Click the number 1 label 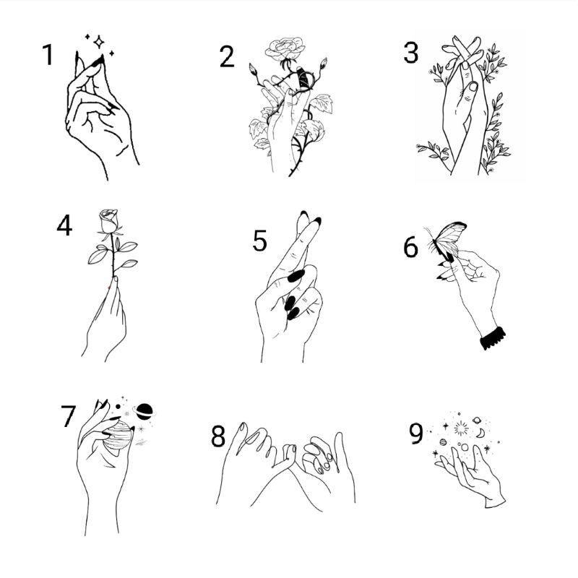(48, 54)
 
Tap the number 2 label (227, 56)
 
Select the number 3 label (410, 53)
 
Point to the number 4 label (64, 226)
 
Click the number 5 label (259, 241)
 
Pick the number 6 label (410, 247)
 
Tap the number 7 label (68, 417)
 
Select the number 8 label (218, 436)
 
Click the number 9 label (415, 433)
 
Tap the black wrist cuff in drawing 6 (493, 337)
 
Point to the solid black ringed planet (144, 411)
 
